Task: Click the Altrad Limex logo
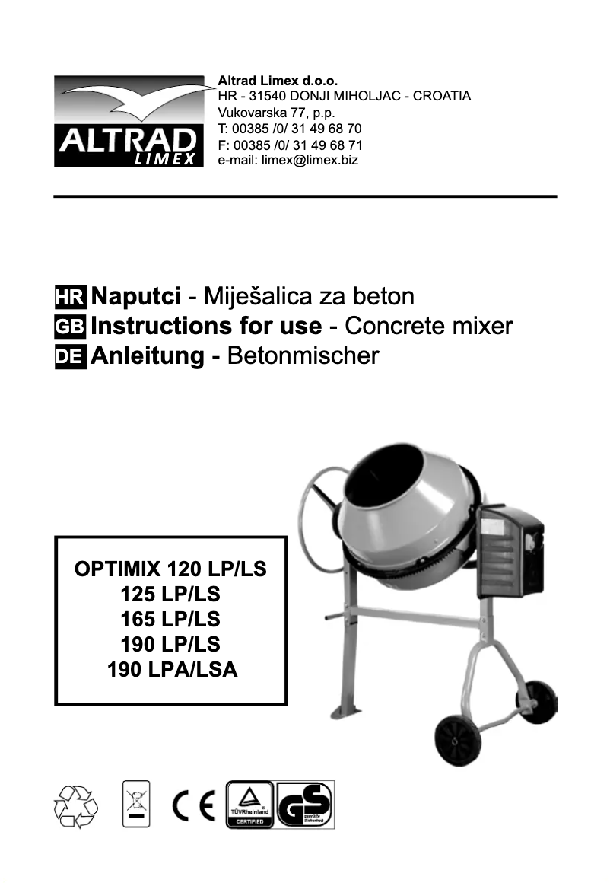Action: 129,122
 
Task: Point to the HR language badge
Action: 71,297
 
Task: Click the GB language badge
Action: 71,327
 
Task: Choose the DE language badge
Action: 71,357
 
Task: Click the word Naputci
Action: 135,296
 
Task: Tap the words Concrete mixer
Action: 429,327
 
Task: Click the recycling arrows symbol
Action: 75,805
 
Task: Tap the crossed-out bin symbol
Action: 137,804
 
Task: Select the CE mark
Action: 194,805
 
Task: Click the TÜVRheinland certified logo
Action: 250,805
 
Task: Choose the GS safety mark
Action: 306,805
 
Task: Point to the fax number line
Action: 290,145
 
